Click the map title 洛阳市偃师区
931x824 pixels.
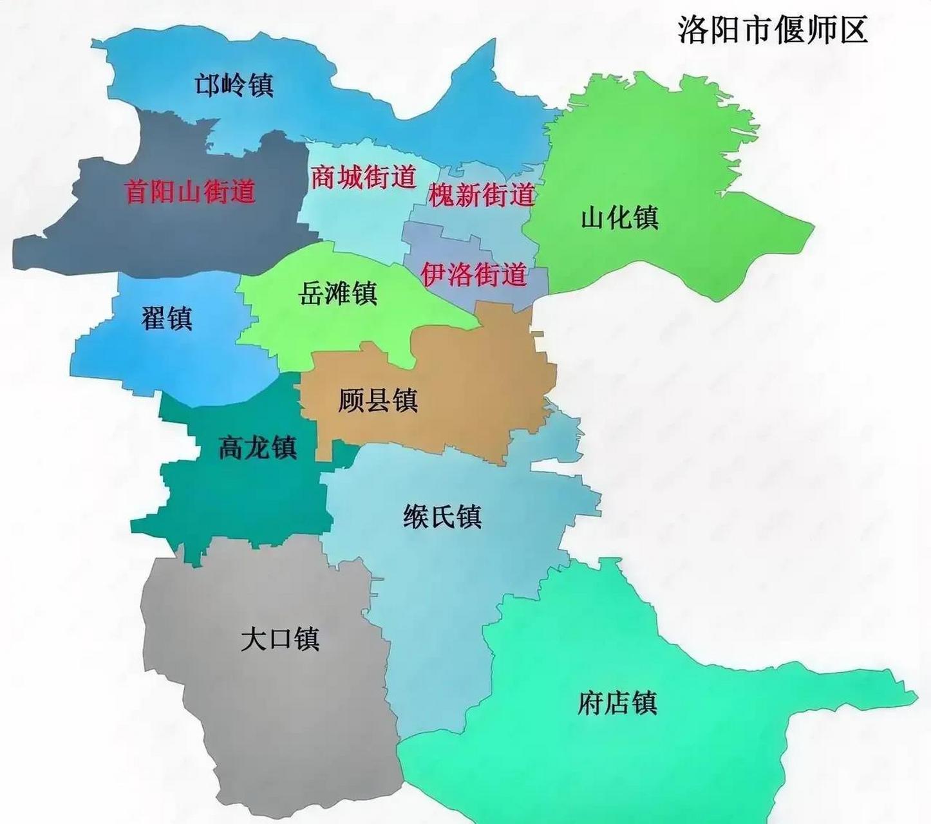coord(773,30)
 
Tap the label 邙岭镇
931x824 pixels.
coord(234,85)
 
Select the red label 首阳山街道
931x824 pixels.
coord(191,191)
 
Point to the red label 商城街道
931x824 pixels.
coord(364,176)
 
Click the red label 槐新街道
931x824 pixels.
coord(482,194)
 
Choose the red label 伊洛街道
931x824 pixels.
coord(474,275)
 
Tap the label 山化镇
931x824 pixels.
coord(619,218)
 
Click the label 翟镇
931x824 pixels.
coord(167,318)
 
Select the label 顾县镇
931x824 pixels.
coord(378,400)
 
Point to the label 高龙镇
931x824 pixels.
coord(258,447)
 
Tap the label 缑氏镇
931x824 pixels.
coord(442,516)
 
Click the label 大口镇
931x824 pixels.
coord(280,639)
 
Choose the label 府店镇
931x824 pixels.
coord(617,702)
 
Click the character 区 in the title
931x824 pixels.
coord(852,30)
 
